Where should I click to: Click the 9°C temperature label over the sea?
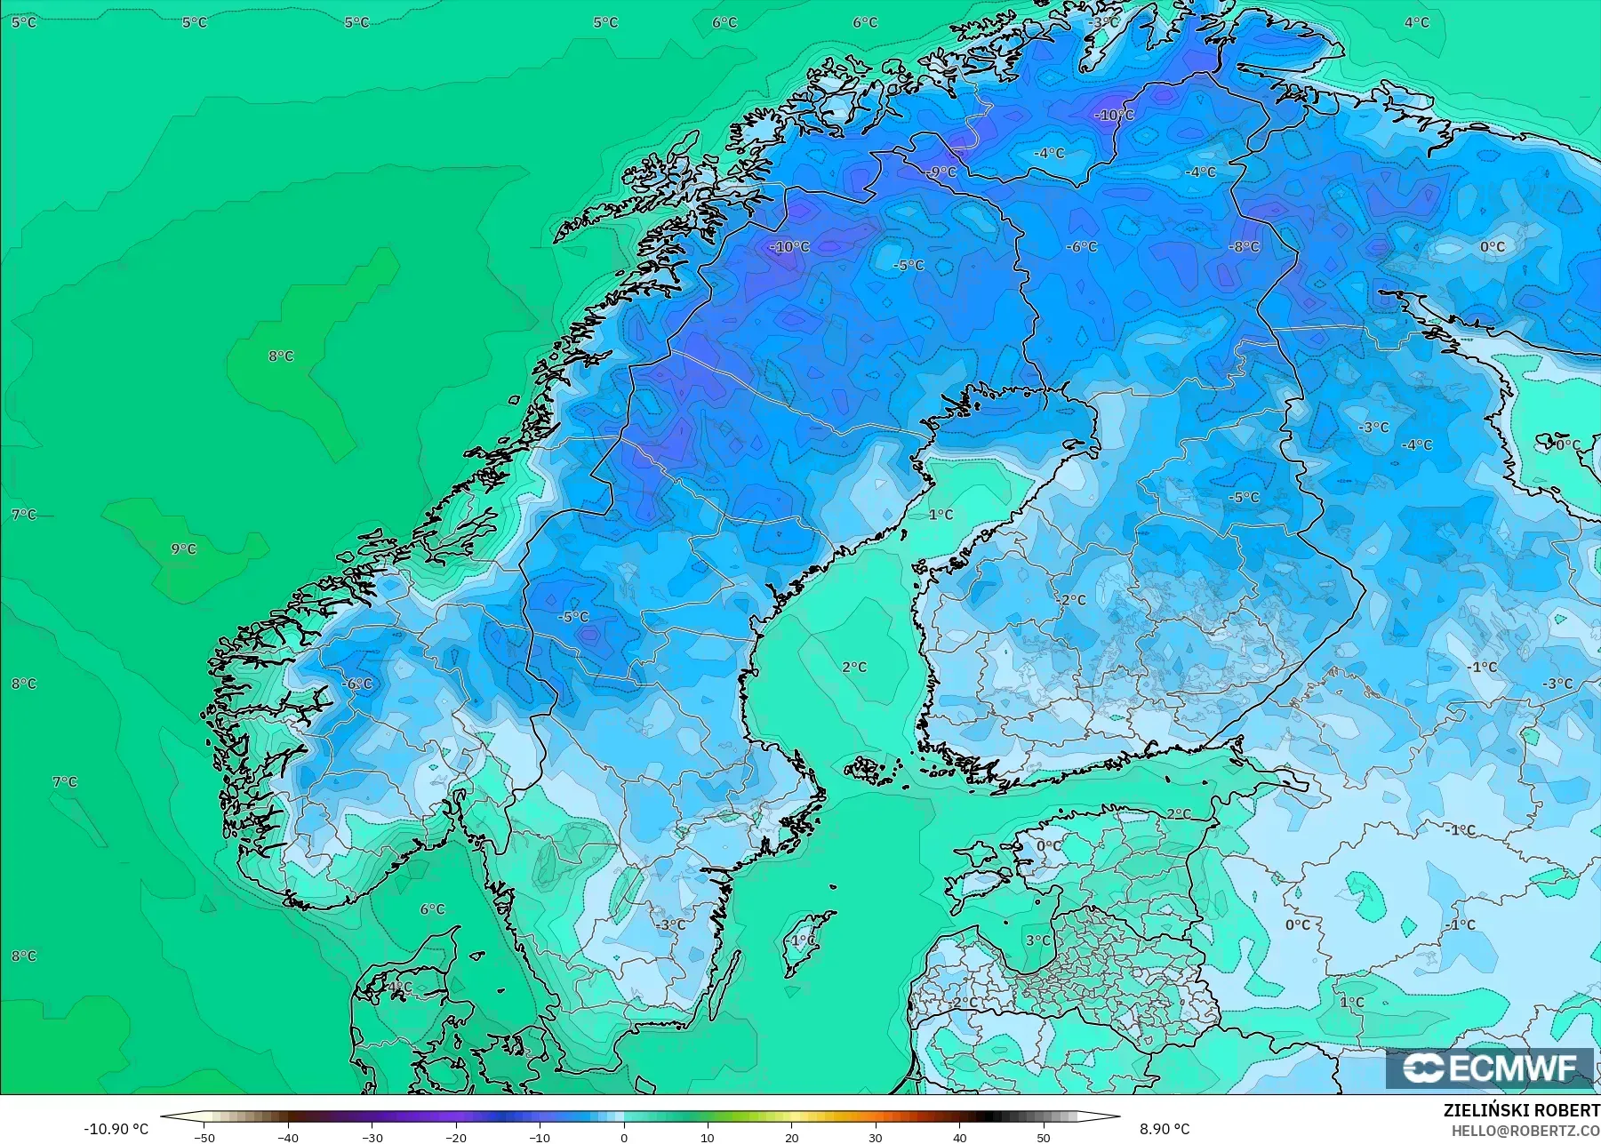(183, 548)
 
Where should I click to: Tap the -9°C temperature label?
(941, 172)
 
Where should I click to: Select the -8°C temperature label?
(1244, 246)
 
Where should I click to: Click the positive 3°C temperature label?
(1037, 940)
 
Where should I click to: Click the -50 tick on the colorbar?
(204, 1137)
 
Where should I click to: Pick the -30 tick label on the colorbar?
(372, 1137)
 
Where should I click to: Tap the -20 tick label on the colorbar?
(455, 1137)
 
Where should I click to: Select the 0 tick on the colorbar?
(624, 1137)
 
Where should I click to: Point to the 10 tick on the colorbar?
(708, 1137)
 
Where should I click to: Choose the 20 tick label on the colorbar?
(791, 1137)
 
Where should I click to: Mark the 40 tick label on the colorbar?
(959, 1137)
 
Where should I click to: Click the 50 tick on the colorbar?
(1044, 1137)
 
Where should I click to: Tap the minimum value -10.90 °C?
(116, 1129)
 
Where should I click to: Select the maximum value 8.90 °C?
(1165, 1129)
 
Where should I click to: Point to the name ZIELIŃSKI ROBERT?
(1521, 1110)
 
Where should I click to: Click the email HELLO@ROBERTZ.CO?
(1525, 1131)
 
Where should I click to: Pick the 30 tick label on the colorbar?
(876, 1137)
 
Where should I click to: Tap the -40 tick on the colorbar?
(287, 1137)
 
